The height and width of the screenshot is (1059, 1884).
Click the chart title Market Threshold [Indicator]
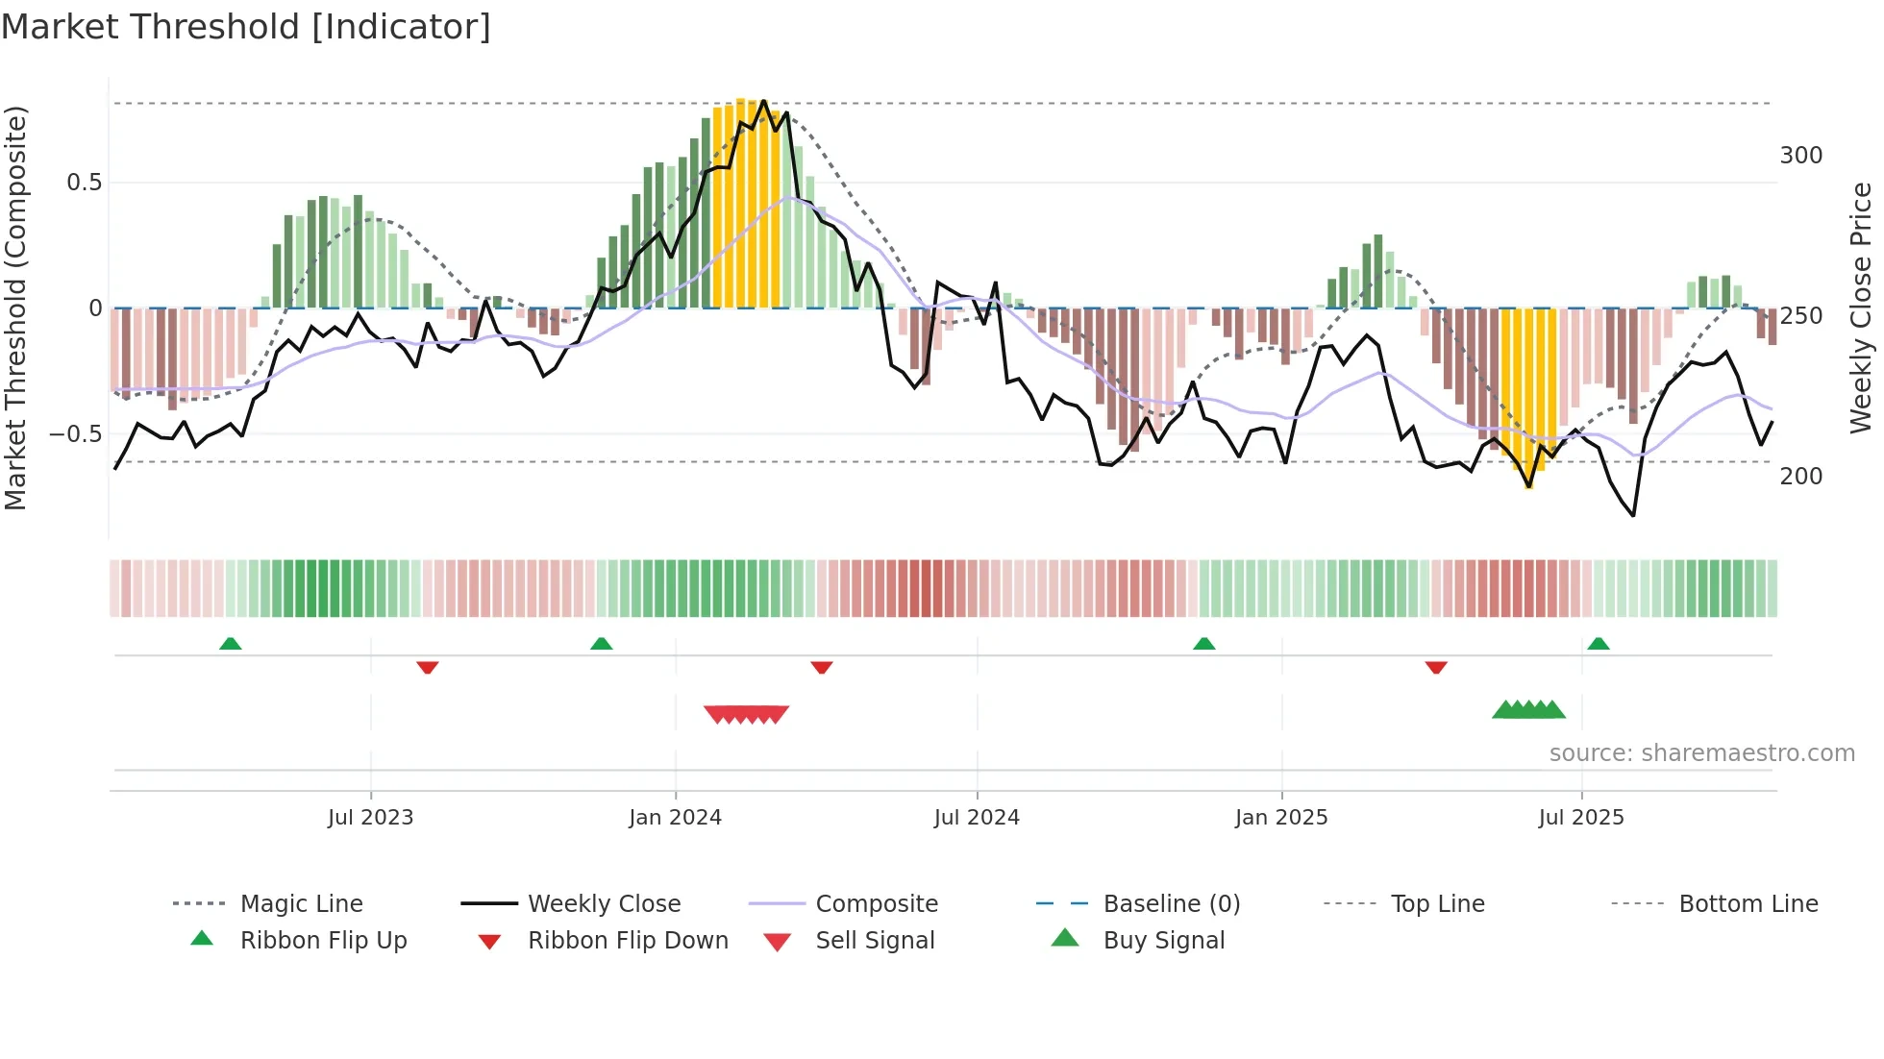(x=246, y=27)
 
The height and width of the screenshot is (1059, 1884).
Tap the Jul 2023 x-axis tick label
(x=370, y=818)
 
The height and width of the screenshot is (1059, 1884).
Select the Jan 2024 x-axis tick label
(x=675, y=818)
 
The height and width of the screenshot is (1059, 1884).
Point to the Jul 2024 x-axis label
(x=977, y=818)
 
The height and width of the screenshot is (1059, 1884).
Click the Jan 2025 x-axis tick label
(x=1281, y=818)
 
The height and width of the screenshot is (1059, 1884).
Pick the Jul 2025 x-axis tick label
(x=1581, y=818)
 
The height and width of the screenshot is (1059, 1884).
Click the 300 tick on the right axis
(x=1801, y=156)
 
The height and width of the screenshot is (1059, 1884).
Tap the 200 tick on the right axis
(x=1801, y=477)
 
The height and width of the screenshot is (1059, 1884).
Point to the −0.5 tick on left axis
(x=75, y=434)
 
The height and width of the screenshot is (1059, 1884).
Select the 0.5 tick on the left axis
(x=84, y=183)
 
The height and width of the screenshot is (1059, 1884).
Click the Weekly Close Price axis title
(x=1862, y=308)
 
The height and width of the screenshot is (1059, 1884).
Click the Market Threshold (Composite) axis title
(x=15, y=308)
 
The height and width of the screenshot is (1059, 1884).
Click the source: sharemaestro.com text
(x=1701, y=753)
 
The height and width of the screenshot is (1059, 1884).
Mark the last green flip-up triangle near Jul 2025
(x=1599, y=644)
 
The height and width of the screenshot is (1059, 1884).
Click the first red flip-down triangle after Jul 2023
(x=428, y=667)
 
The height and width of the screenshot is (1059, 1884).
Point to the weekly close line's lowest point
(x=1633, y=516)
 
